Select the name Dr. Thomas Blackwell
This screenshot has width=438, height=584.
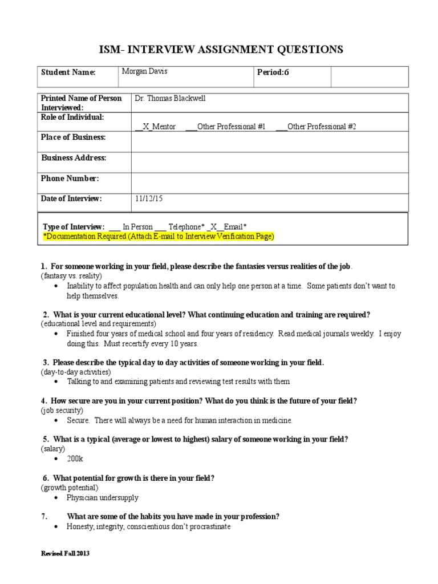pyautogui.click(x=169, y=98)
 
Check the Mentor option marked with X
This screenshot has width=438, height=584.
pyautogui.click(x=156, y=127)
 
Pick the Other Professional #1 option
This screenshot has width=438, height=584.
pyautogui.click(x=226, y=127)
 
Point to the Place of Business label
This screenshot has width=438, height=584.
pyautogui.click(x=73, y=137)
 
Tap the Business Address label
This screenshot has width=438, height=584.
pyautogui.click(x=74, y=158)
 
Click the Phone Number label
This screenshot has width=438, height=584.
pyautogui.click(x=70, y=179)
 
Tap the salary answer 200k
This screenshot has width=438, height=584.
pyautogui.click(x=76, y=459)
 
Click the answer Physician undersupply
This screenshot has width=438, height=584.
pyautogui.click(x=102, y=498)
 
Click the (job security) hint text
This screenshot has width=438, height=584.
pyautogui.click(x=62, y=410)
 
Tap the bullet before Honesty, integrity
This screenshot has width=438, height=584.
pyautogui.click(x=55, y=528)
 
